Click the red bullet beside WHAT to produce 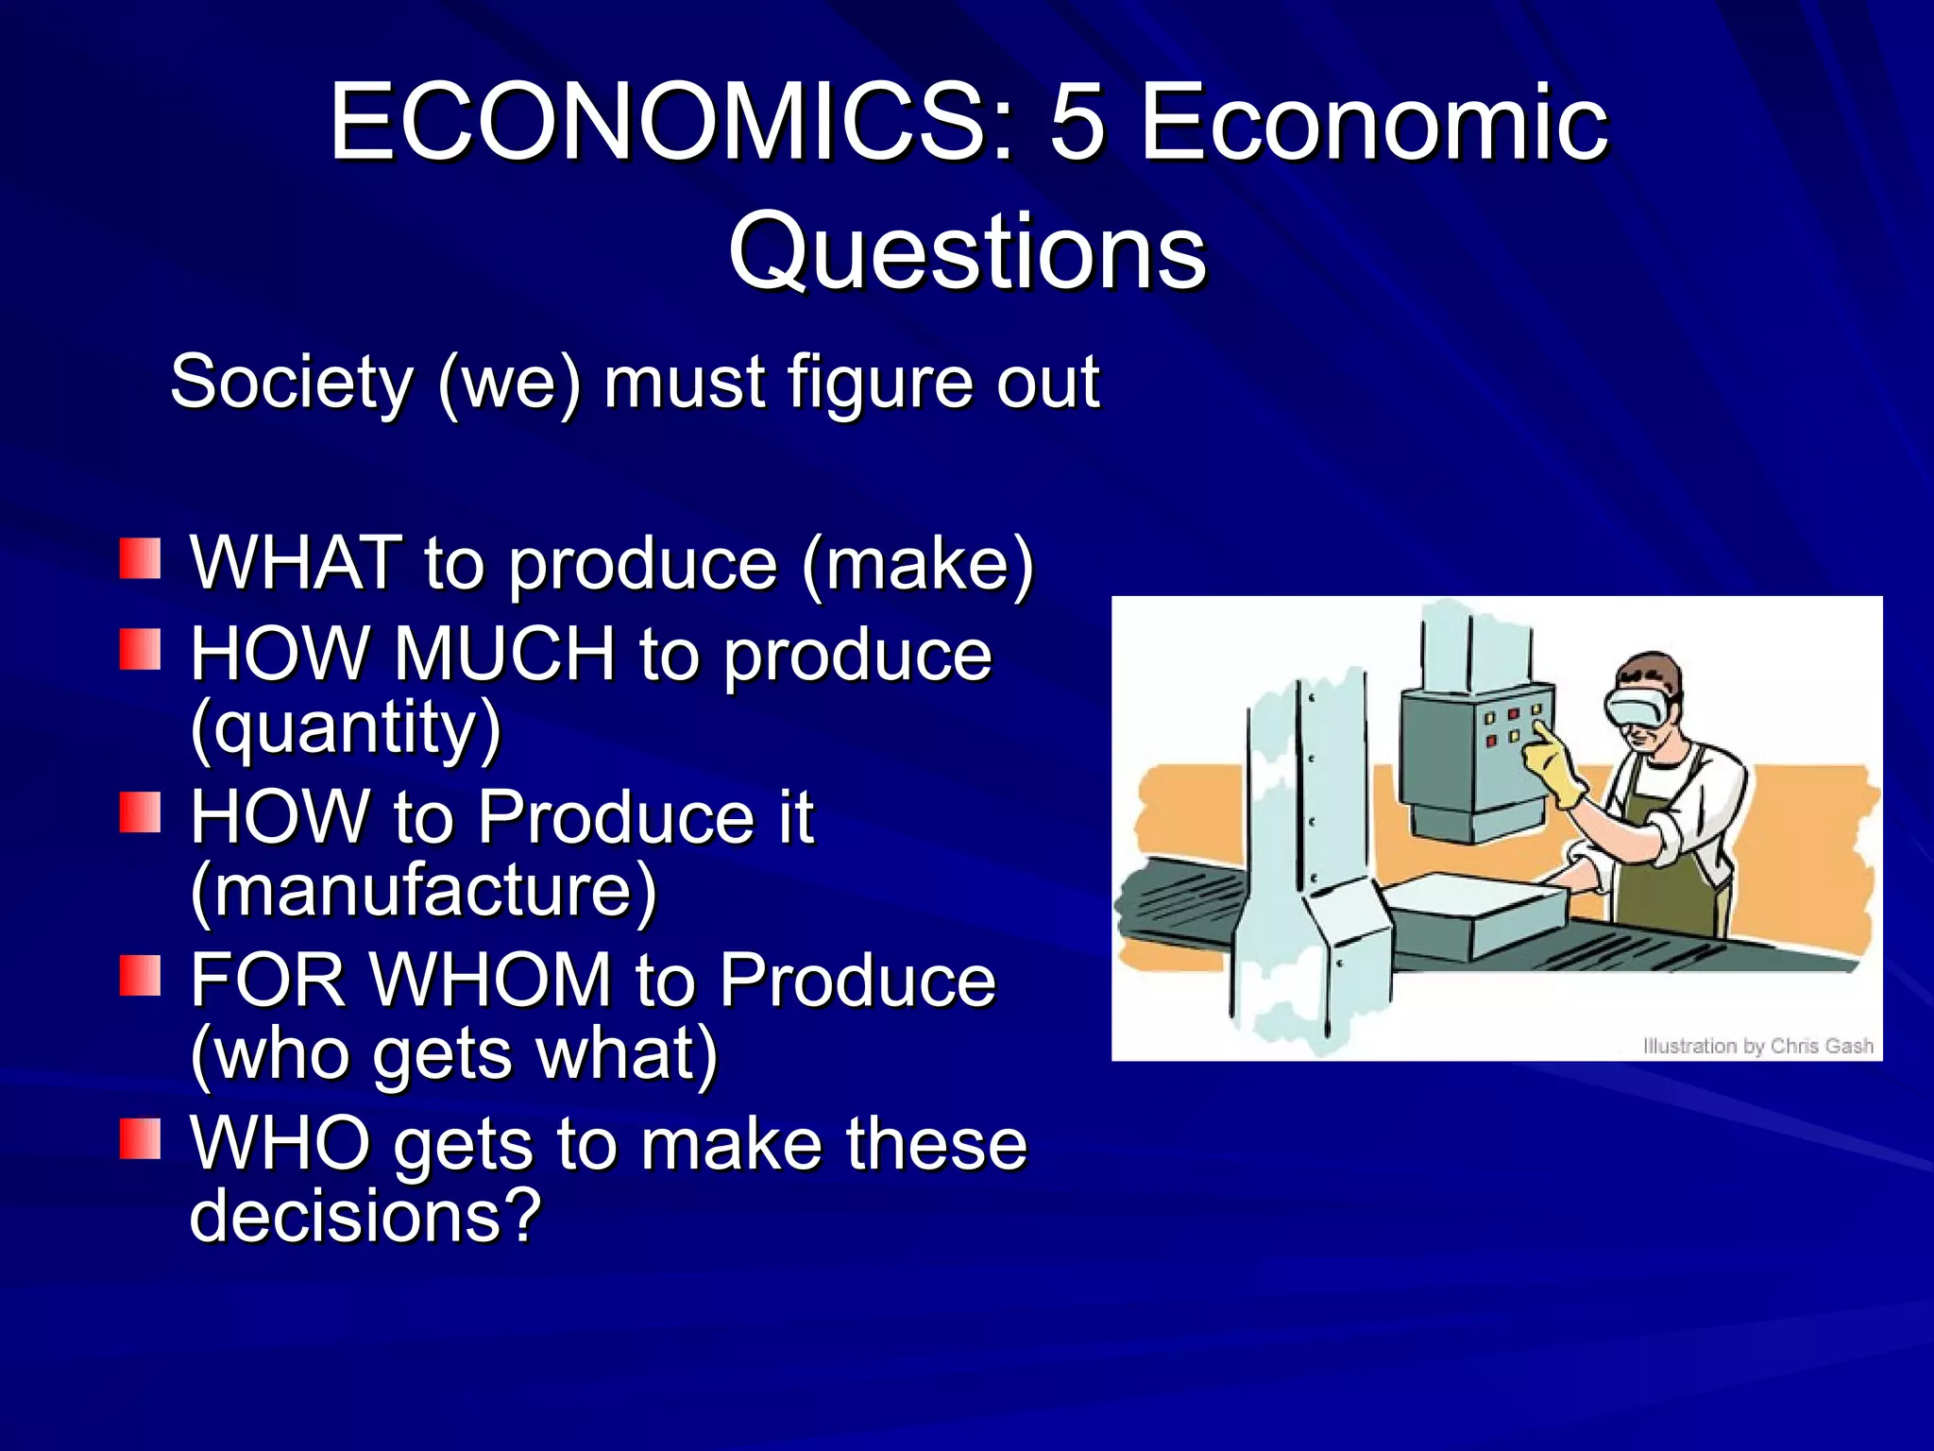140,559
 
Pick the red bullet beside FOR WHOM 140,976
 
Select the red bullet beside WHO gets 140,1138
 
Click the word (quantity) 346,727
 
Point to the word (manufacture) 423,890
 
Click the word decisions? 365,1215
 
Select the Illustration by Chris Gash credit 1757,1046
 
